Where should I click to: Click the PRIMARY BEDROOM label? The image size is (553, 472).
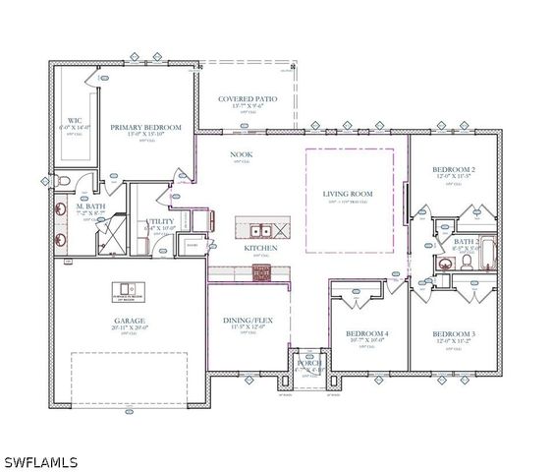(x=146, y=128)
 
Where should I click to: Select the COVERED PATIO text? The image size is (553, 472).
(x=248, y=99)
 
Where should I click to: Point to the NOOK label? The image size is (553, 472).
(x=242, y=154)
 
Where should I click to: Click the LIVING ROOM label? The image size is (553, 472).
(x=350, y=194)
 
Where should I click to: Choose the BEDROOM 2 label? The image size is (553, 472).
(x=454, y=170)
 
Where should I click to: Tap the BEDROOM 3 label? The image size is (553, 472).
(x=454, y=334)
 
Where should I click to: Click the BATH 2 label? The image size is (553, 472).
(x=466, y=241)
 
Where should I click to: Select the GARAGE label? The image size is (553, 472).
(x=130, y=321)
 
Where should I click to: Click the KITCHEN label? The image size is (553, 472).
(x=261, y=248)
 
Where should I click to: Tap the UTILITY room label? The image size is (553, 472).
(x=159, y=222)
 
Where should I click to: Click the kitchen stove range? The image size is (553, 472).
(x=261, y=272)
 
